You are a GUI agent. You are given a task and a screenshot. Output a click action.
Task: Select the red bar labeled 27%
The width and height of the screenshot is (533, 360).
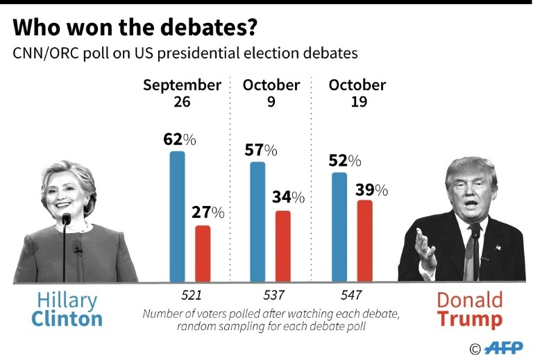(x=202, y=253)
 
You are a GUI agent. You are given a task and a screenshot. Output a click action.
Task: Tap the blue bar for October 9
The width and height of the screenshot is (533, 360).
(x=257, y=222)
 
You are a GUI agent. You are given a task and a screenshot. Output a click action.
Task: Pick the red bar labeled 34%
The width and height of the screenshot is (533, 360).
(x=282, y=246)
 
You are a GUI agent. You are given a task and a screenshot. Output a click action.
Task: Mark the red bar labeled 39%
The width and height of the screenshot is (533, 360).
(x=364, y=241)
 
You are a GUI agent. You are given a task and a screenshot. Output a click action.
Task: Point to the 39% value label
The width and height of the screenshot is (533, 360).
(x=371, y=190)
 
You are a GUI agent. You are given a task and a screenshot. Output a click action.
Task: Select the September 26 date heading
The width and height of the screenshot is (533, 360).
(x=182, y=93)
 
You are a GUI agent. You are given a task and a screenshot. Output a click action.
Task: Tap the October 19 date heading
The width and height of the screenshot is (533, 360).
(x=357, y=93)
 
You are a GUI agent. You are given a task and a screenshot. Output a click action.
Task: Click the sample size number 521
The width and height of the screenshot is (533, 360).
(x=182, y=295)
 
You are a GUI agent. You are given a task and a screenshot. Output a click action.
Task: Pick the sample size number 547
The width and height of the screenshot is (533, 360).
(x=351, y=295)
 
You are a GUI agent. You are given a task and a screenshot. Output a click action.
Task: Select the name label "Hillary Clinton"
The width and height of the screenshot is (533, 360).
(x=68, y=309)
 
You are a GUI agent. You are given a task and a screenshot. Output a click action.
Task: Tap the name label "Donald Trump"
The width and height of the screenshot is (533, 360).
(x=470, y=309)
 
